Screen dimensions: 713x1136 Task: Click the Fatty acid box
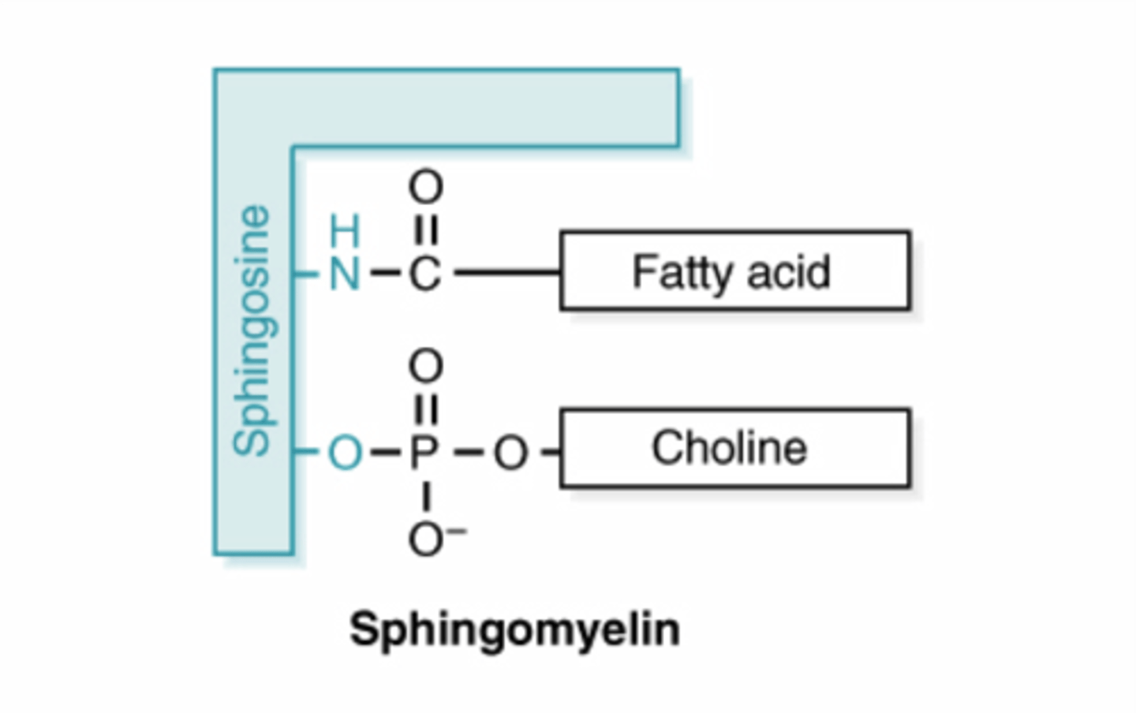[734, 271]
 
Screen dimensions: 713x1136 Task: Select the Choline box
[734, 448]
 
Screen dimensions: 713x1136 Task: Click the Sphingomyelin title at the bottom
[514, 630]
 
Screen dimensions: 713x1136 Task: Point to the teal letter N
[345, 274]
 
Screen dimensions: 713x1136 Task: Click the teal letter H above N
[345, 232]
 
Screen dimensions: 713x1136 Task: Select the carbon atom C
[424, 274]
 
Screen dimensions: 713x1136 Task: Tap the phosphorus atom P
[424, 453]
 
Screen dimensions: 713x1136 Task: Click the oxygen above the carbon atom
[425, 188]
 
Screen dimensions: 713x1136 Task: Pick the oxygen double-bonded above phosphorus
[425, 366]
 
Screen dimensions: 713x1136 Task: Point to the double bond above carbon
[425, 230]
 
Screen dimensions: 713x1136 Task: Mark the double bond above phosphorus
[425, 409]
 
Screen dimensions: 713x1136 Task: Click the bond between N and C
[384, 274]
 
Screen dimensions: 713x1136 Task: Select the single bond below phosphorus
[425, 496]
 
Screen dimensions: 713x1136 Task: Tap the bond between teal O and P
[384, 453]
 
